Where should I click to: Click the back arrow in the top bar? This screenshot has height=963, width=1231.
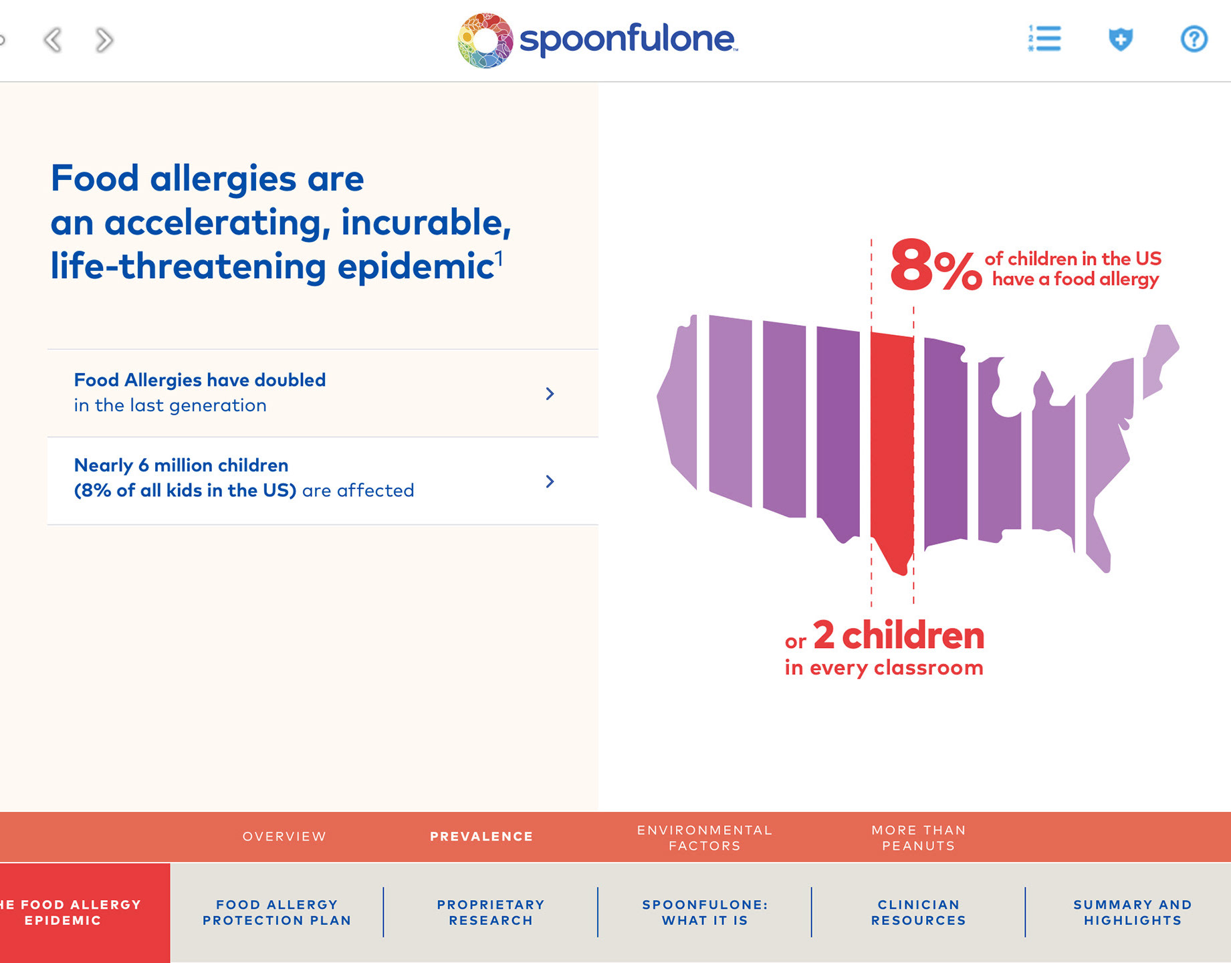coord(52,40)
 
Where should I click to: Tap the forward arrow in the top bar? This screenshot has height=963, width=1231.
coord(104,40)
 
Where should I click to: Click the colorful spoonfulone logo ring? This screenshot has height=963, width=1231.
coord(485,40)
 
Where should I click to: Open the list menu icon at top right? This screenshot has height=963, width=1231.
coord(1044,39)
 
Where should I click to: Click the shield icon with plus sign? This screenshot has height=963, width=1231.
coord(1121,39)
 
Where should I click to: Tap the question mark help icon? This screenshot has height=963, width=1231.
coord(1194,39)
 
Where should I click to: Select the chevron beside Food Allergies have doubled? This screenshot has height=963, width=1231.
coord(550,393)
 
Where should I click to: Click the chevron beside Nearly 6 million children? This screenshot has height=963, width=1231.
coord(550,481)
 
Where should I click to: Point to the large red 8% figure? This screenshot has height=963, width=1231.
coord(935,266)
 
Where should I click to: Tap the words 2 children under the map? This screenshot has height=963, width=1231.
coord(899,635)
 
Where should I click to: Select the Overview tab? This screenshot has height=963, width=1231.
coord(284,837)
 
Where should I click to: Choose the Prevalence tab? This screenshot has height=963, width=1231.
coord(481,837)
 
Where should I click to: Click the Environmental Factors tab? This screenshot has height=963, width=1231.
coord(705,838)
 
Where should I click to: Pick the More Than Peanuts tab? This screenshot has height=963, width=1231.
coord(919,838)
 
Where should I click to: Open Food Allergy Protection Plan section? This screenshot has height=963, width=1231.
coord(277,912)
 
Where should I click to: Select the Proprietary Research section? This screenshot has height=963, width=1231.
coord(491,912)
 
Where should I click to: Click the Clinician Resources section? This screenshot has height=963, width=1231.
coord(919,912)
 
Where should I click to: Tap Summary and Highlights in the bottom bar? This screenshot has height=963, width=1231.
coord(1133,912)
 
